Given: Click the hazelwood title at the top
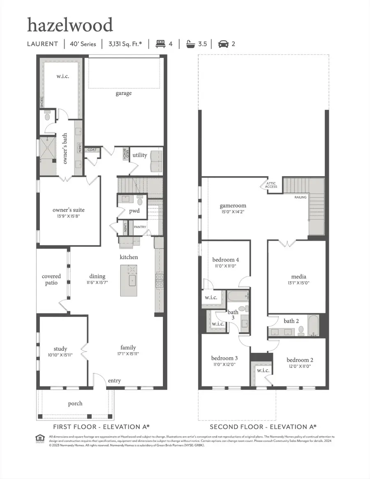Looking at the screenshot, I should pos(70,25).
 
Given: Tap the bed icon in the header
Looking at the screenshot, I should pos(160,44).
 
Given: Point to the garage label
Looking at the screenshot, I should pos(123,93).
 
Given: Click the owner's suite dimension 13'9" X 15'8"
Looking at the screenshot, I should pos(69,217).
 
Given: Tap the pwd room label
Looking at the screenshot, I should pos(134,211).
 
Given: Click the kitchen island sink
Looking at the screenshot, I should pos(132,281).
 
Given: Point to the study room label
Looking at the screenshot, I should pos(60,349).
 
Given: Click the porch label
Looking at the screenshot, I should pos(75,403).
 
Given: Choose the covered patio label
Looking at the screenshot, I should pos(51,280).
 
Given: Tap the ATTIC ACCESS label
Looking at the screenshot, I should pos(271,185).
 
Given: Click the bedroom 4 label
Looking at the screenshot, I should pos(225,260).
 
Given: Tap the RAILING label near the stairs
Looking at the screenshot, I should pos(300,197).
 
